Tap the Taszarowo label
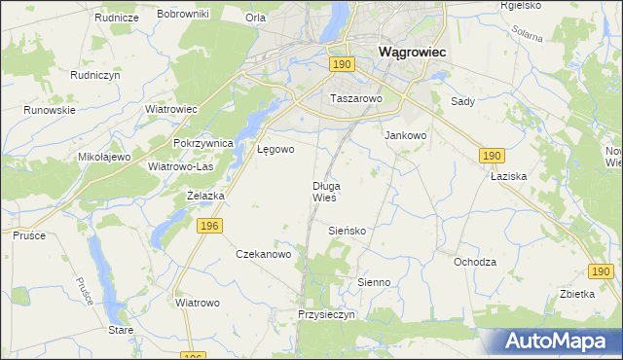[x=356, y=99]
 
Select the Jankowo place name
[x=406, y=136]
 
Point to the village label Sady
[x=461, y=101]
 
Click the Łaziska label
[x=508, y=177]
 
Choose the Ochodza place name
[x=475, y=262]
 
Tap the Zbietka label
[x=578, y=295]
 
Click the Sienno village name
[x=374, y=282]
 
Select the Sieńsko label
[x=348, y=231]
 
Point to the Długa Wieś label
[x=325, y=191]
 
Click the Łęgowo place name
[x=275, y=150]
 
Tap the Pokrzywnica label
[x=203, y=143]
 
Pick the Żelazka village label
[x=205, y=196]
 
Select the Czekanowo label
[x=264, y=254]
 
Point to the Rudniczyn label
[x=94, y=74]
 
